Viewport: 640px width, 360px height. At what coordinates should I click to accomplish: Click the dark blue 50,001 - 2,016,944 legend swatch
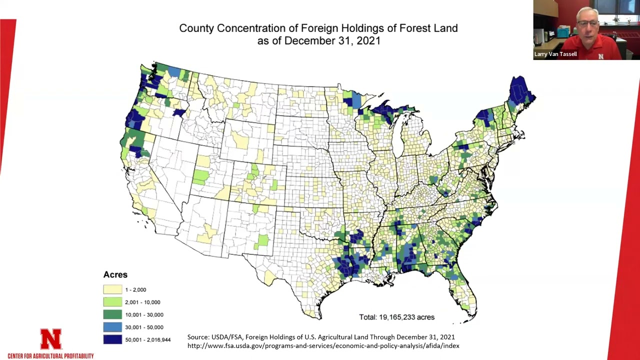tap(112, 339)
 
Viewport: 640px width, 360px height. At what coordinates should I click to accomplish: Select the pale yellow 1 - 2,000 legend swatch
tap(112, 289)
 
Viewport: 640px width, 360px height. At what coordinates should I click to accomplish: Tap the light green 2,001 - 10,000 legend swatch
tap(112, 302)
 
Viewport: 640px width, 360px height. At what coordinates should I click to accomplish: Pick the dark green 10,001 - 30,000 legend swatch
tap(112, 314)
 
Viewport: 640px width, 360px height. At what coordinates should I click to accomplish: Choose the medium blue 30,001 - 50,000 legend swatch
tap(112, 327)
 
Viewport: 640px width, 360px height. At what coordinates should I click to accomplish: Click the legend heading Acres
tap(115, 274)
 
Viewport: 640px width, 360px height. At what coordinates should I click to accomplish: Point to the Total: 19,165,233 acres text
tap(396, 317)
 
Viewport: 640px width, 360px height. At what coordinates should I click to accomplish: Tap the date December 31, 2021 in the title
tap(332, 41)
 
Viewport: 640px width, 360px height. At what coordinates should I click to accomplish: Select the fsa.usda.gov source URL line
tap(323, 345)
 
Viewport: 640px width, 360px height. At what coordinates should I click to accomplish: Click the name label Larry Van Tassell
tap(555, 54)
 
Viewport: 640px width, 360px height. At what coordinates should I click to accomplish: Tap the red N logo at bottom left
tap(50, 339)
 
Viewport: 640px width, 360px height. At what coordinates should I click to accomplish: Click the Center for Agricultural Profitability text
tap(50, 356)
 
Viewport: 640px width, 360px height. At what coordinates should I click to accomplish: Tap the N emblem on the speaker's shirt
tap(600, 56)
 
